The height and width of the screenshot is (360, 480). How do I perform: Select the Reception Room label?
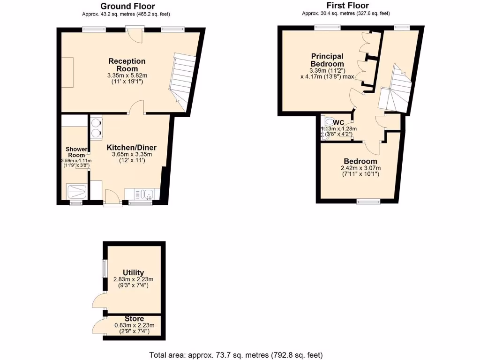click(x=127, y=65)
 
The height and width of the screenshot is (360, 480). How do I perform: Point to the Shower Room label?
click(x=75, y=152)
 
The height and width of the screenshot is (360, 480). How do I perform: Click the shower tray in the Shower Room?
click(x=75, y=191)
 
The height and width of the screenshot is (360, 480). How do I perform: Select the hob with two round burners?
click(x=96, y=127)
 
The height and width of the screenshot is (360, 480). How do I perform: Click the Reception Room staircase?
click(x=183, y=77)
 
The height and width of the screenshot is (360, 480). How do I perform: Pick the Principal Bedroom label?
click(x=327, y=60)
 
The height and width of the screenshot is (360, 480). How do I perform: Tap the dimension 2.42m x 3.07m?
click(x=360, y=168)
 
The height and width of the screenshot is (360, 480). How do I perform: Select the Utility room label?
click(x=133, y=273)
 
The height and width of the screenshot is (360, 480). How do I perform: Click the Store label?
click(x=134, y=319)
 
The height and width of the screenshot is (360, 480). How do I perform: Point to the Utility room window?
click(x=105, y=270)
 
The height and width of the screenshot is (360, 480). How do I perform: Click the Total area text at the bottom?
click(x=236, y=355)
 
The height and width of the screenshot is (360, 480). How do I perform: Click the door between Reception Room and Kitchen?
click(x=137, y=108)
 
